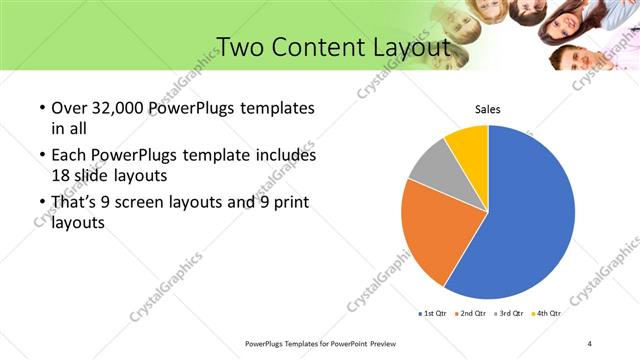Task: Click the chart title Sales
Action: pyautogui.click(x=487, y=109)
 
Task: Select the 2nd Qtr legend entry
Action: pyautogui.click(x=471, y=313)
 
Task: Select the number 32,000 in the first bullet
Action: pyautogui.click(x=128, y=107)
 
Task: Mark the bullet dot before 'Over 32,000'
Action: pyautogui.click(x=40, y=108)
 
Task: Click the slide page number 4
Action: pyautogui.click(x=589, y=343)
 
